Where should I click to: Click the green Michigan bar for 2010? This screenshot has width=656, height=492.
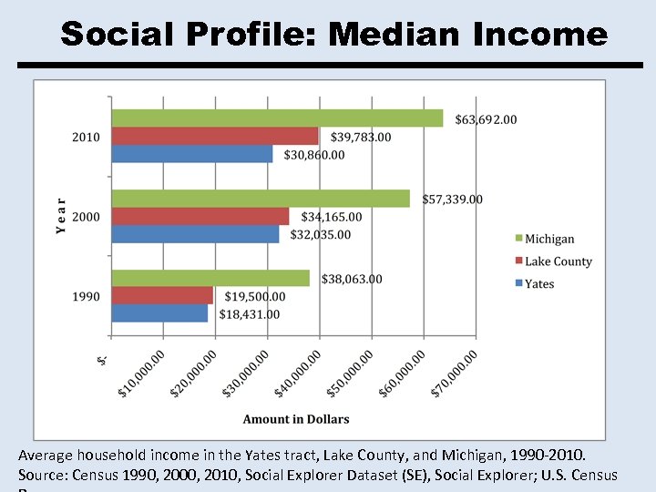277,118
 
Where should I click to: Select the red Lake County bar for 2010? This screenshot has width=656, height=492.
215,137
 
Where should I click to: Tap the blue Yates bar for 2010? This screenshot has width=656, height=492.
192,155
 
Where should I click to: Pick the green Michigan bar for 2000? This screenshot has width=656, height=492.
261,199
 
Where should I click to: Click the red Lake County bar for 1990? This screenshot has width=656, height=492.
162,296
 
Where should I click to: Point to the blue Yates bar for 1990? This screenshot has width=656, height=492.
159,313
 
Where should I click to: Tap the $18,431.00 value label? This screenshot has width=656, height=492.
250,314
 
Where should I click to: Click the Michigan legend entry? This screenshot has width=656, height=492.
549,239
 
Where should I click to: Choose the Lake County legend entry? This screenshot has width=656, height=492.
558,261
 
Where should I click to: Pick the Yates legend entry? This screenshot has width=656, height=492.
539,283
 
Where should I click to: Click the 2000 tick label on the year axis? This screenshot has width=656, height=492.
86,217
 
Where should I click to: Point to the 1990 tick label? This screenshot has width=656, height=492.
86,296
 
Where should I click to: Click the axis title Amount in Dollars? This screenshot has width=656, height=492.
296,419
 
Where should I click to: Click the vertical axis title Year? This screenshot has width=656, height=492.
61,217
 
